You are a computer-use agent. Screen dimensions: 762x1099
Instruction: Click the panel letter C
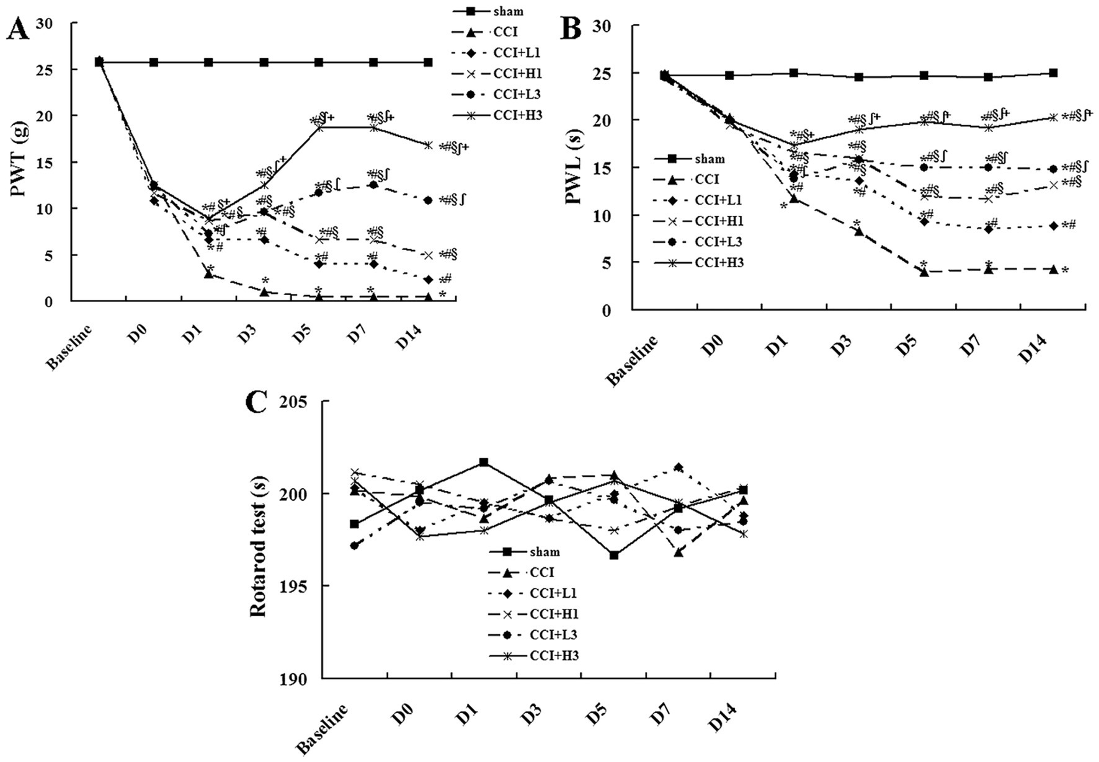point(257,403)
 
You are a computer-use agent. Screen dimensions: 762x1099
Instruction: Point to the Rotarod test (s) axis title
point(258,540)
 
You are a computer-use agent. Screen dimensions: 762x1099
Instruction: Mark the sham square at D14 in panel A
point(428,63)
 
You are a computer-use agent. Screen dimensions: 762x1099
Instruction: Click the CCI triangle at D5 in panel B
point(924,271)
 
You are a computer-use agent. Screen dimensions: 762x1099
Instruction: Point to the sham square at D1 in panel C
point(484,463)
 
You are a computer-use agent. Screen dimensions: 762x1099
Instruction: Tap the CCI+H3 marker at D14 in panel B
point(1053,117)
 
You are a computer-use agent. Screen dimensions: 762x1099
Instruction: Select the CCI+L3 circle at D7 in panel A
point(373,185)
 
